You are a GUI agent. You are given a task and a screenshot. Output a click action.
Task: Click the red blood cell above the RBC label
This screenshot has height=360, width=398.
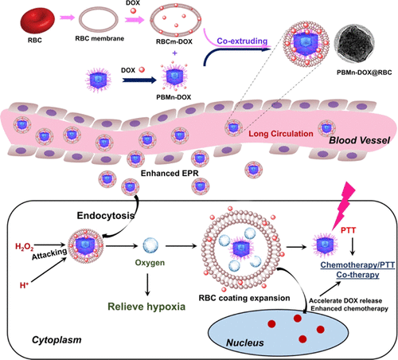pos(23,15)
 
